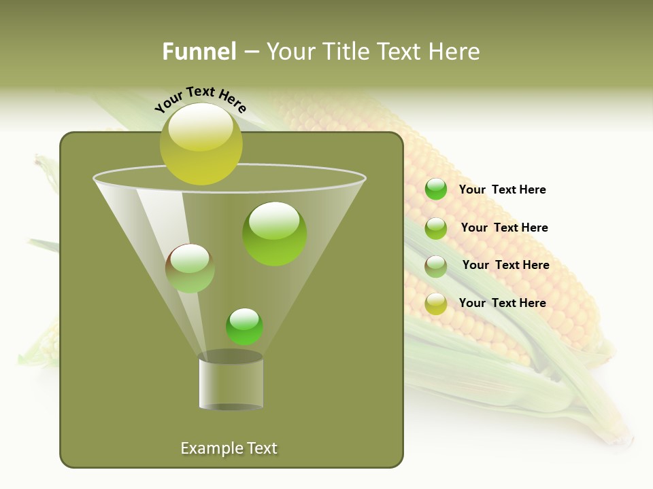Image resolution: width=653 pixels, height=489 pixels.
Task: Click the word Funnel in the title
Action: pyautogui.click(x=199, y=52)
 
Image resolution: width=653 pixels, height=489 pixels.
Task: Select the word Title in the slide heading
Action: pyautogui.click(x=346, y=52)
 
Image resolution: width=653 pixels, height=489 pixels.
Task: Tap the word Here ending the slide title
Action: pyautogui.click(x=454, y=52)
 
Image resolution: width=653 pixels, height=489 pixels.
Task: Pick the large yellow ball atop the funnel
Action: pyautogui.click(x=201, y=144)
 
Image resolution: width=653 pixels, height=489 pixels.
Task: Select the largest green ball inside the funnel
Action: pyautogui.click(x=275, y=234)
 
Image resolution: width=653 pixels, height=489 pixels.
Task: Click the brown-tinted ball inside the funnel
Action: pyautogui.click(x=190, y=268)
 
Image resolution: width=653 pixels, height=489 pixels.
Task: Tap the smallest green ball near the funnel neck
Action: pyautogui.click(x=244, y=326)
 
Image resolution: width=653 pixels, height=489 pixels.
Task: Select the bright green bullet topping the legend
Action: pyautogui.click(x=436, y=189)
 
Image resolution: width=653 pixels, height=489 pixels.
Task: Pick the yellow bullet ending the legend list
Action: pyautogui.click(x=436, y=304)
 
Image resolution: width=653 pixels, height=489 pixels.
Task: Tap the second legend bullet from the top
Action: pyautogui.click(x=436, y=228)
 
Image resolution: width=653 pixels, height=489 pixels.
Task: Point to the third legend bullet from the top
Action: pyautogui.click(x=436, y=266)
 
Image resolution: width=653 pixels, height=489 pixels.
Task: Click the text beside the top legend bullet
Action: pyautogui.click(x=502, y=189)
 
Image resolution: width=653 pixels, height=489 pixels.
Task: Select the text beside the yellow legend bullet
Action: pyautogui.click(x=502, y=303)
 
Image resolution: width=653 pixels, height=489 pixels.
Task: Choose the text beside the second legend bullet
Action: pyautogui.click(x=504, y=228)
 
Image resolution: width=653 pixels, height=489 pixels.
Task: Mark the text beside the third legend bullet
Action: pyautogui.click(x=505, y=265)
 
